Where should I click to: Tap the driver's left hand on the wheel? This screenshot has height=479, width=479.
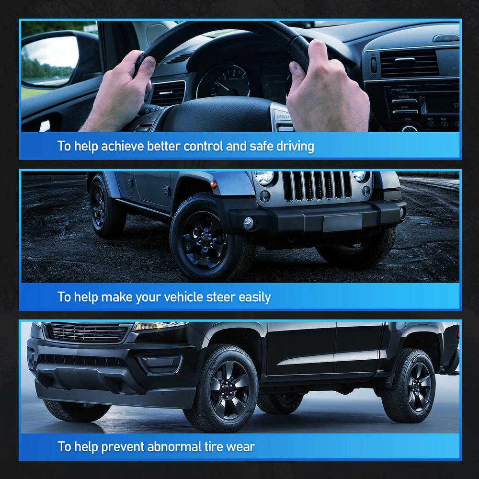(119, 91)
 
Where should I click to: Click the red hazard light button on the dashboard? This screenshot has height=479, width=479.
(446, 38)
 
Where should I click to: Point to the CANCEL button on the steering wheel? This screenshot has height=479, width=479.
(283, 116)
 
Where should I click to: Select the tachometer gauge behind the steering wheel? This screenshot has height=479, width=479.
(223, 81)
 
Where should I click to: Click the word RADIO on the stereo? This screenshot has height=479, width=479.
(403, 97)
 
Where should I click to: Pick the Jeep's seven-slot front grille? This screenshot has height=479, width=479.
(317, 186)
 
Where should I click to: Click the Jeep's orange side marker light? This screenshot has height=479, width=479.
(214, 184)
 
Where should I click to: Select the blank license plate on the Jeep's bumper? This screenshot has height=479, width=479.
(342, 222)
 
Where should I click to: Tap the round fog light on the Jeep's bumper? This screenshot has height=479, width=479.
(248, 223)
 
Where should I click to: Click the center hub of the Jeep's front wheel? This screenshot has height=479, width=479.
(204, 240)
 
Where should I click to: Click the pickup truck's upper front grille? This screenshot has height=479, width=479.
(88, 332)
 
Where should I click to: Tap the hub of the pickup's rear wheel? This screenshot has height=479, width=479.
(420, 386)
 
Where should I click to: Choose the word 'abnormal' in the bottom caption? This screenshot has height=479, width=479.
(174, 446)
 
